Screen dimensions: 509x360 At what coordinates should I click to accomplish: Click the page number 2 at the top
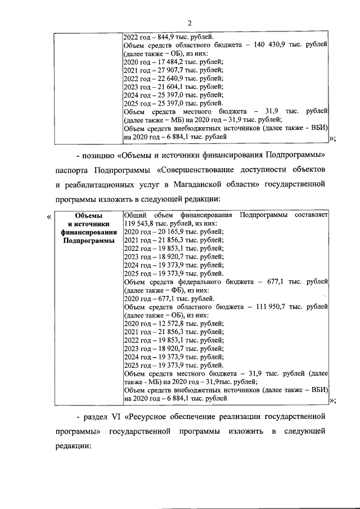[x=190, y=23]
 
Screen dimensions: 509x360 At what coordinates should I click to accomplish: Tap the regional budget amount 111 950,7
[x=267, y=307]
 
